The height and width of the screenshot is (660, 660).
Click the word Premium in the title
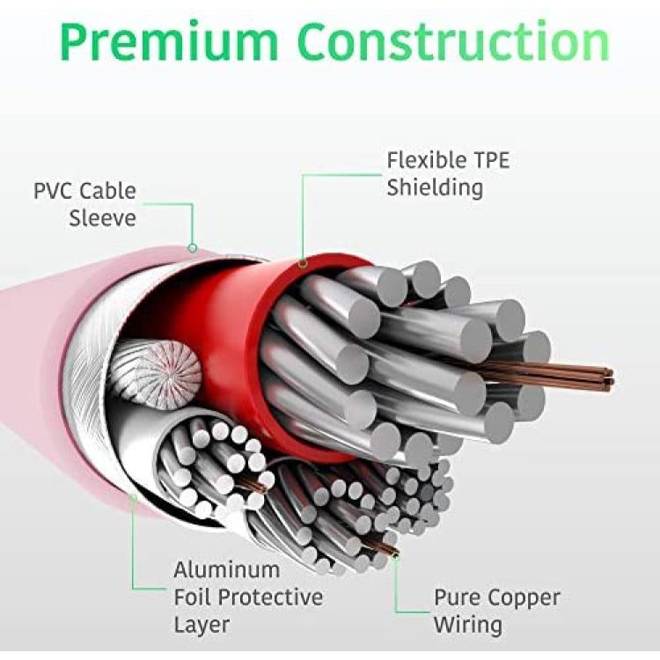[169, 41]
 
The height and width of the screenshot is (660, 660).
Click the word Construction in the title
[453, 40]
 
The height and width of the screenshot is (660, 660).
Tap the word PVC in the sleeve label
[54, 191]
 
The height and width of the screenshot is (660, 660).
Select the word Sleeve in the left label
[103, 218]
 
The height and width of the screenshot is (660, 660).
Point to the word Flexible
[427, 160]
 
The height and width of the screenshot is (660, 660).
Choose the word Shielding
[435, 187]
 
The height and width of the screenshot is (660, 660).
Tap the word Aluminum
[227, 570]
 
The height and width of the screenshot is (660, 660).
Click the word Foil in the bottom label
[193, 597]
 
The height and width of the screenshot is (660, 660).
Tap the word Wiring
[468, 625]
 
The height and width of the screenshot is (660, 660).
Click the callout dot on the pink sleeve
[193, 248]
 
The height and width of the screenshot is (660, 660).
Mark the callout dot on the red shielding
[303, 264]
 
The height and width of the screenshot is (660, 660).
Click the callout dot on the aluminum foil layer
[134, 498]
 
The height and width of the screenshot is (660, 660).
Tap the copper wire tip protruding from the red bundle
[609, 377]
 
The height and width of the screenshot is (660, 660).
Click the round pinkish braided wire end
[155, 375]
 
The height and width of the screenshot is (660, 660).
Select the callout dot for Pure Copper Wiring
[395, 556]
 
